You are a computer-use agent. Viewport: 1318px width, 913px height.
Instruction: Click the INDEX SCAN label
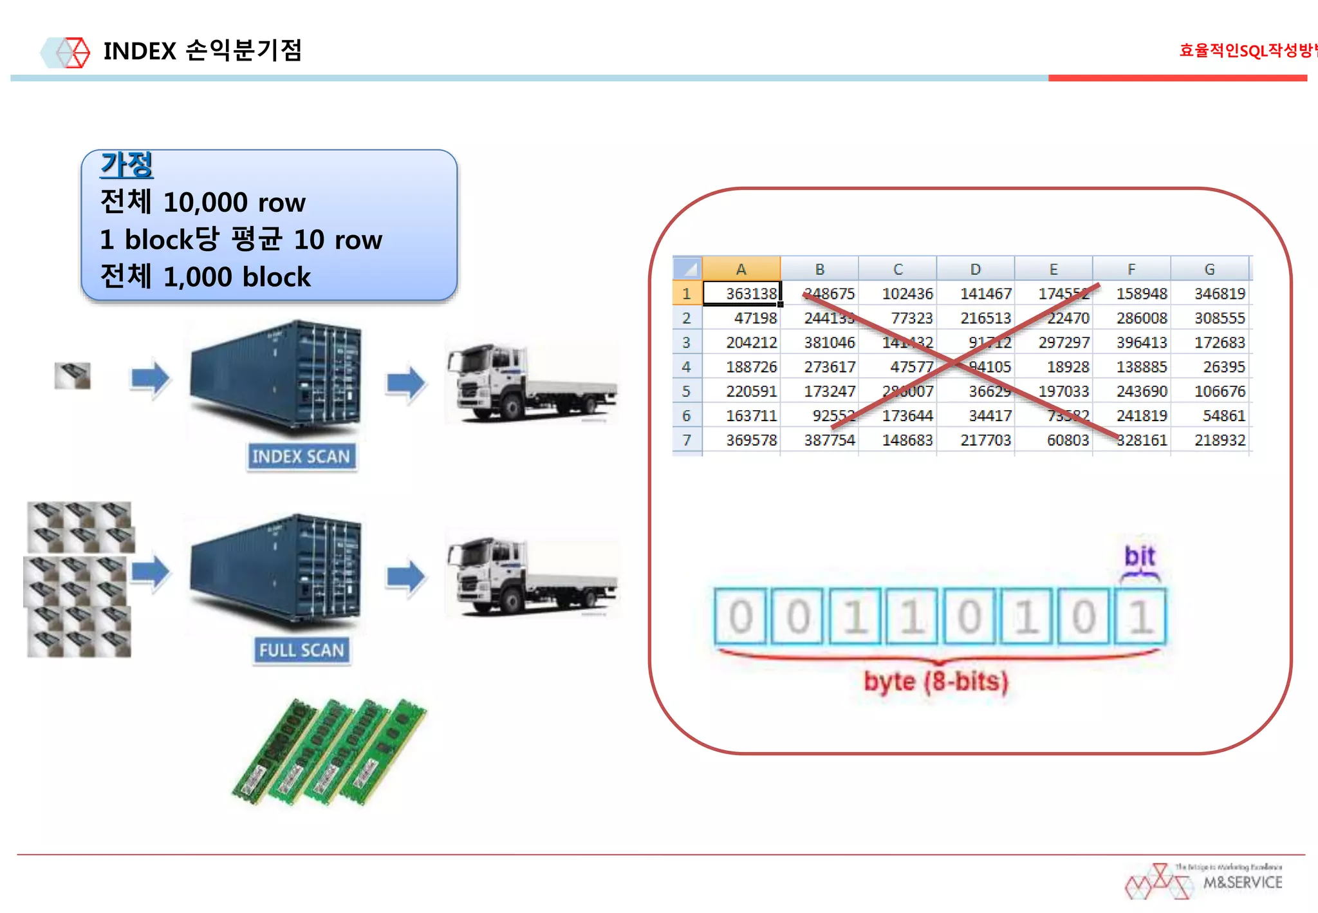[301, 456]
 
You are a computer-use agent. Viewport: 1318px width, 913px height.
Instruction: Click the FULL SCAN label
[301, 650]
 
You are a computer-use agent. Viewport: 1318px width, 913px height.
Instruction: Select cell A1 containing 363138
[741, 294]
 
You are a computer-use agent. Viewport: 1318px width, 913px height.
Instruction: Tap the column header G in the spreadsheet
[1209, 269]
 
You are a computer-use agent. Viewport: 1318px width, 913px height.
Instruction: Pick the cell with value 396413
[1141, 343]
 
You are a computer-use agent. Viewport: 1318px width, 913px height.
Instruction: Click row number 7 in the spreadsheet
[687, 440]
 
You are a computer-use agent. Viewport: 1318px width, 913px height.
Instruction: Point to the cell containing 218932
[1219, 440]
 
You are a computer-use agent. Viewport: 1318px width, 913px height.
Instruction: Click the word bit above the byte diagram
[1139, 556]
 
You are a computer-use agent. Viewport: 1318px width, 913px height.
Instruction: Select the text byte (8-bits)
[936, 681]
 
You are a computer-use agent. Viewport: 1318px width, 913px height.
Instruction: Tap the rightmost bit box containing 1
[1140, 617]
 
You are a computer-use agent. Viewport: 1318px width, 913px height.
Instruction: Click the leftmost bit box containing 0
[741, 617]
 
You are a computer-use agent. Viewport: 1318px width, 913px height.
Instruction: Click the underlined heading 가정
[127, 165]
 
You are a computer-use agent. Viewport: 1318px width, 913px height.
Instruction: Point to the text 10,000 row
[234, 203]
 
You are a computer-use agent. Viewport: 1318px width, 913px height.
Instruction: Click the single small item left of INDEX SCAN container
[73, 375]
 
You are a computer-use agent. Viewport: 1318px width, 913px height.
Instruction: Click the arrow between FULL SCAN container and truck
[405, 577]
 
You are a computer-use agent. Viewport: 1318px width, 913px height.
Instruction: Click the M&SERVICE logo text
[1242, 883]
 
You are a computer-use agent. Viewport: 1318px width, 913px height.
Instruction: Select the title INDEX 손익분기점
[203, 51]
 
